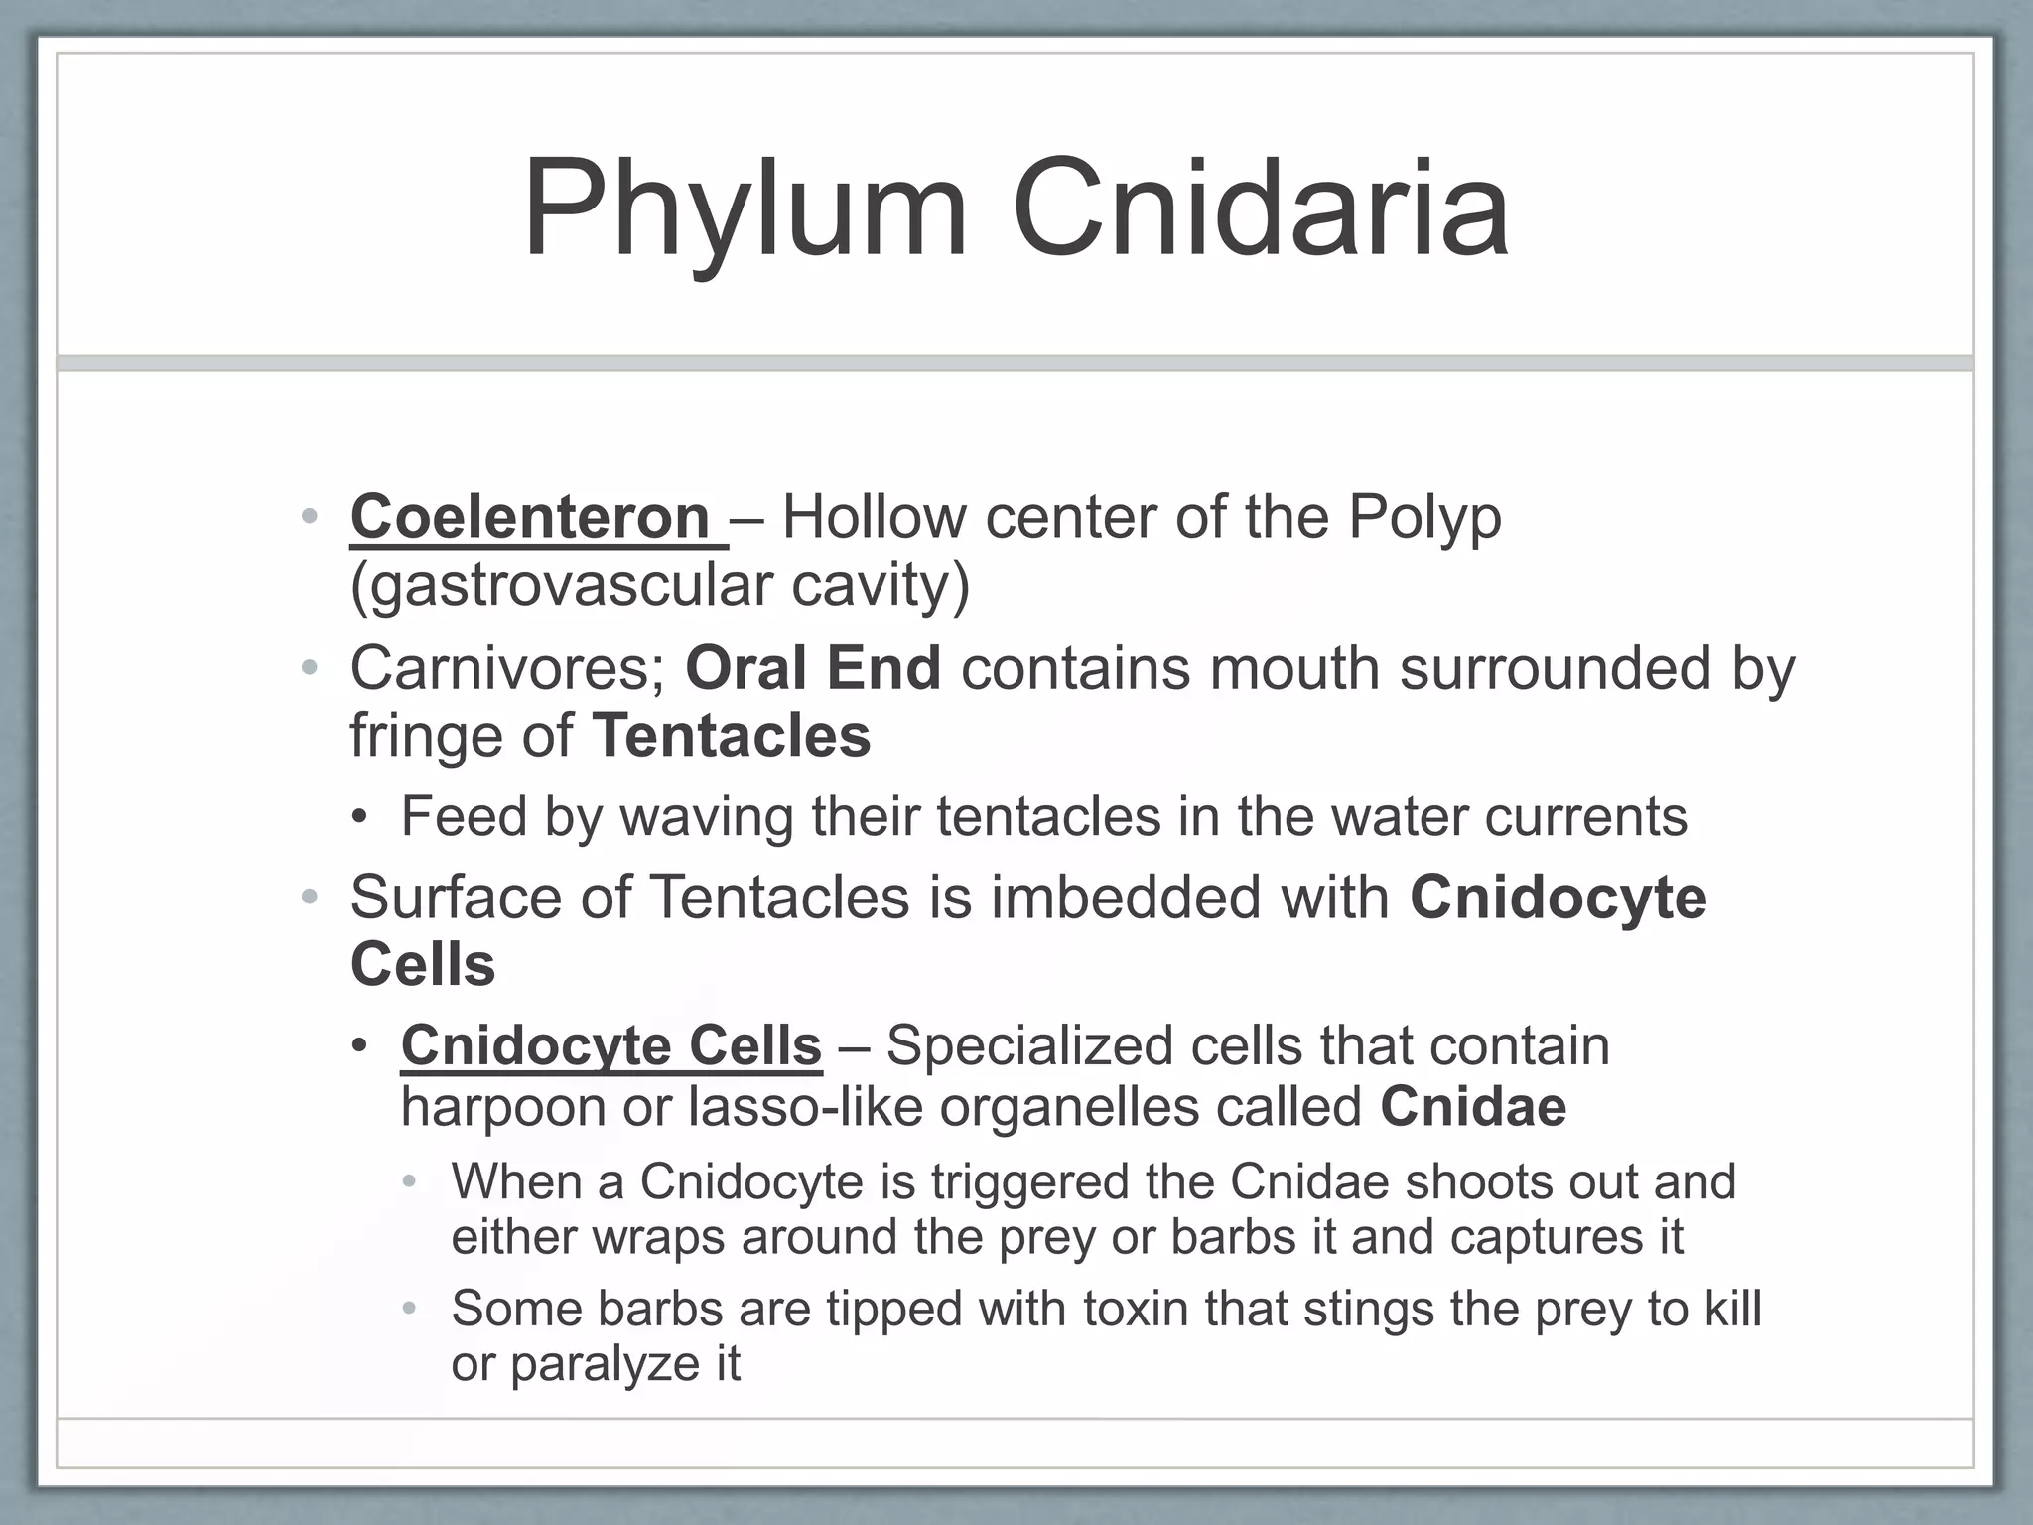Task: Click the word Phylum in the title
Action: [x=745, y=210]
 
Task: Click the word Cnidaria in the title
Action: [x=1261, y=210]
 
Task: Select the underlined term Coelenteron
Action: [x=530, y=518]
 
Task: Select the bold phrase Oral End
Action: [x=813, y=668]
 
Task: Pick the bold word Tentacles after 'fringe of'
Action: [x=732, y=736]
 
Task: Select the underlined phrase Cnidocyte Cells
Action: [x=610, y=1046]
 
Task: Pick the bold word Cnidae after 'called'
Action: [x=1473, y=1107]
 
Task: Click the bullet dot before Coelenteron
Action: [x=310, y=517]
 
